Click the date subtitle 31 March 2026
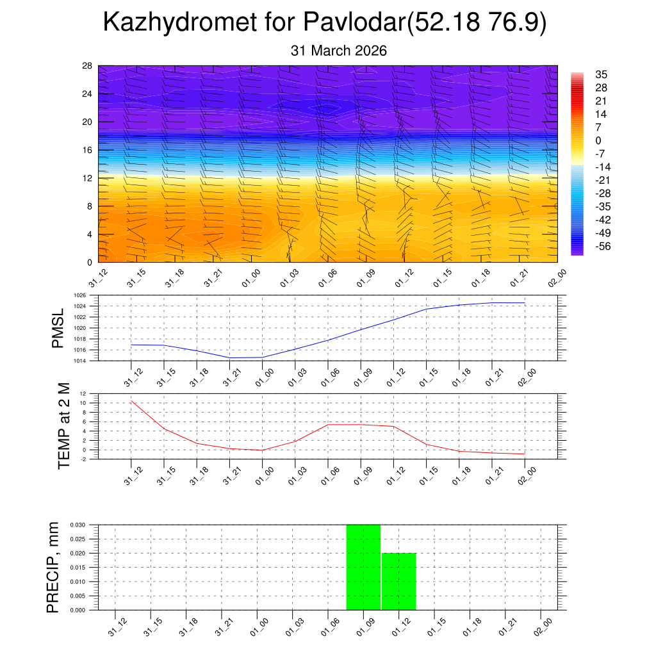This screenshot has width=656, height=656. [x=339, y=51]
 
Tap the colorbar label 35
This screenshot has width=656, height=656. [x=601, y=74]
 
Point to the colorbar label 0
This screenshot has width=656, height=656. [x=598, y=141]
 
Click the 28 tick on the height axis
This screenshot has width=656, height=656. [x=88, y=66]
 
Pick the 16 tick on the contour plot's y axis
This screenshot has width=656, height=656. [x=88, y=150]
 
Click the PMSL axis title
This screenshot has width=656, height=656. [x=58, y=329]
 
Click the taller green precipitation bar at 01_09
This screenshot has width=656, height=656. [x=363, y=567]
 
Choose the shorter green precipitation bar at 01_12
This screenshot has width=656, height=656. [x=399, y=581]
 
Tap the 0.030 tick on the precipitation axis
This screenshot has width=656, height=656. [x=86, y=525]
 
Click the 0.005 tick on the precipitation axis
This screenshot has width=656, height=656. [x=86, y=596]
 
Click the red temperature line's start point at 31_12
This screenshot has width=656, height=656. [x=131, y=401]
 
